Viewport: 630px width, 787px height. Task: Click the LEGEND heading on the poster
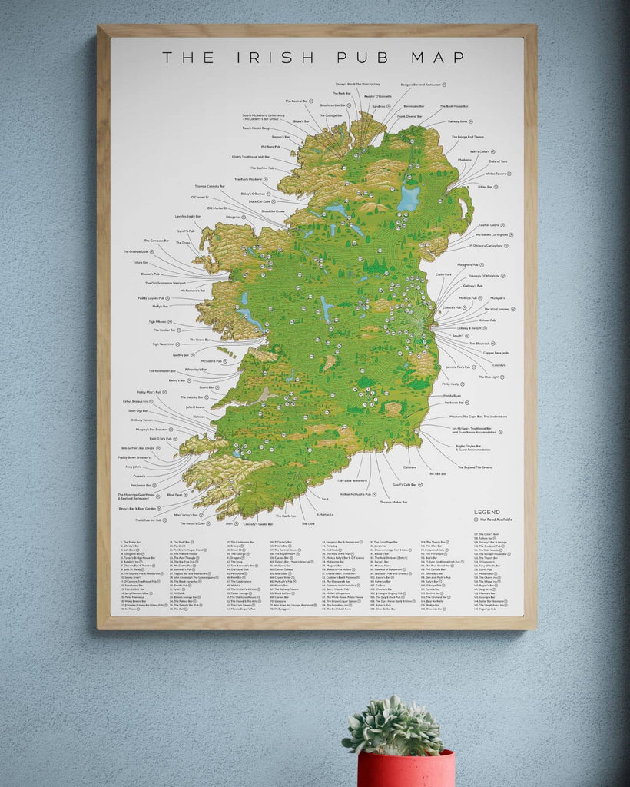click(x=486, y=512)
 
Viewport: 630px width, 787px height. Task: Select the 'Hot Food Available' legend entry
click(x=495, y=520)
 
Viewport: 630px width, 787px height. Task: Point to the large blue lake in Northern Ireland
click(x=409, y=198)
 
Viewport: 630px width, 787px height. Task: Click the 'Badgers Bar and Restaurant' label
click(x=421, y=85)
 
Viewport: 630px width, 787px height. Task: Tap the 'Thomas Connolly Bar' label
click(x=211, y=186)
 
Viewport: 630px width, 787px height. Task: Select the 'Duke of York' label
click(x=498, y=161)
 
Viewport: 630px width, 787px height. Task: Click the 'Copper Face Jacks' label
click(x=496, y=352)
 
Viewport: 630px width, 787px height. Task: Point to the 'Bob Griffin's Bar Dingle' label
click(x=138, y=448)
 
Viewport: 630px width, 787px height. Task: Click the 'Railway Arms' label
click(x=458, y=121)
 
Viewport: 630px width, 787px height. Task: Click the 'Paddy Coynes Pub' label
click(x=153, y=297)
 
